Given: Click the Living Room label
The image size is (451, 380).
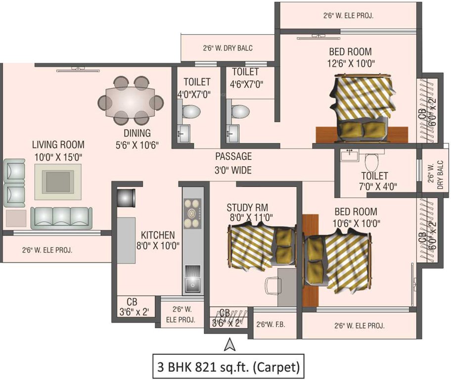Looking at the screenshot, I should click(x=58, y=145).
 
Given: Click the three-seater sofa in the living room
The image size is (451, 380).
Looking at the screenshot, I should click(x=60, y=217).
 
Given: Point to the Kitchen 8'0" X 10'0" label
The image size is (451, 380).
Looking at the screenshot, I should click(x=157, y=239).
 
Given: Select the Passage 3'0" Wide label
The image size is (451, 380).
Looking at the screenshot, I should click(x=233, y=163).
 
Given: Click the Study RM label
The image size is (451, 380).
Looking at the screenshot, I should click(x=247, y=207).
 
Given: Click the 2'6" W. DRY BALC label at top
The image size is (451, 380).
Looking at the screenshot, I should click(x=227, y=48).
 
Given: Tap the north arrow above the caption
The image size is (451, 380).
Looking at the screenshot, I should click(x=229, y=345).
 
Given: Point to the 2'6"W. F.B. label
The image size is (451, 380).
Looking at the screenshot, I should click(x=270, y=325).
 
